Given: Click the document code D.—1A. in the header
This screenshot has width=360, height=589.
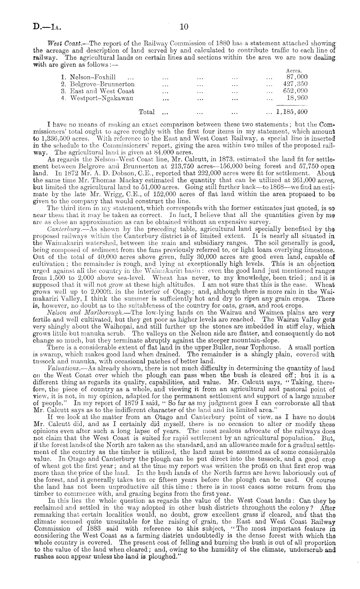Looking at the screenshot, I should pyautogui.click(x=46, y=27).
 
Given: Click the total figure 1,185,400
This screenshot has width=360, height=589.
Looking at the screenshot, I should pyautogui.click(x=291, y=112).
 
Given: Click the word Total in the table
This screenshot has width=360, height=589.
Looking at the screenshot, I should pyautogui.click(x=146, y=112).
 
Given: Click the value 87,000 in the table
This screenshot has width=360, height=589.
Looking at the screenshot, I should pyautogui.click(x=297, y=77).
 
